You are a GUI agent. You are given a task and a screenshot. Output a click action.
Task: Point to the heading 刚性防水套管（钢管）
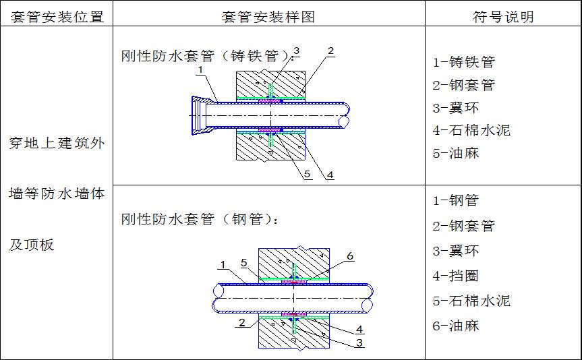click(200, 219)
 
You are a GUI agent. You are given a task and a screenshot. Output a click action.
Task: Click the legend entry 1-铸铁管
click(463, 63)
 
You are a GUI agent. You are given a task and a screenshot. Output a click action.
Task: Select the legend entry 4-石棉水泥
click(471, 129)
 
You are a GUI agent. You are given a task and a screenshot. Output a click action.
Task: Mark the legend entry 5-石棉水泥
click(471, 301)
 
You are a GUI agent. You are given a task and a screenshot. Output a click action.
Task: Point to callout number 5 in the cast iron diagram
click(307, 175)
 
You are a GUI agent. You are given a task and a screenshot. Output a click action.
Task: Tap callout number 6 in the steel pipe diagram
click(350, 256)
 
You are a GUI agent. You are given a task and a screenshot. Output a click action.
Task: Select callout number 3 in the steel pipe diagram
click(359, 343)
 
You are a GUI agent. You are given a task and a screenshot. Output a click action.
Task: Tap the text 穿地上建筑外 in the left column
click(56, 143)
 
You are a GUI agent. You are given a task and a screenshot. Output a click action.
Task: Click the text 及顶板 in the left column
click(31, 245)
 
